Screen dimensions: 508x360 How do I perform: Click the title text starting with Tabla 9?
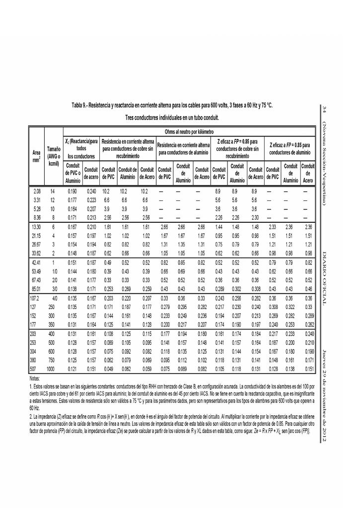[x=172, y=106]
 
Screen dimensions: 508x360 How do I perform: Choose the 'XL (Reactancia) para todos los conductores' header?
[x=80, y=149]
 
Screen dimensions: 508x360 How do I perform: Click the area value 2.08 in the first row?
[x=37, y=191]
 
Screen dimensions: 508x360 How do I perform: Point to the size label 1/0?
[x=55, y=271]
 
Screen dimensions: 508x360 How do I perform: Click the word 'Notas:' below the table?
[x=36, y=379]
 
